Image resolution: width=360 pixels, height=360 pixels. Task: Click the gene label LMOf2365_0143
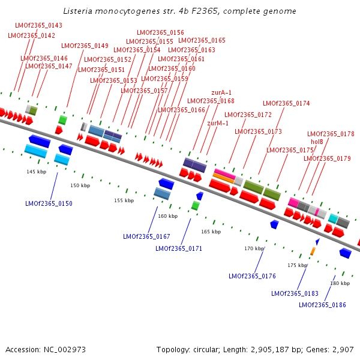pos(38,25)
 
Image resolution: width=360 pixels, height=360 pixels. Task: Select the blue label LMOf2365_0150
pos(49,204)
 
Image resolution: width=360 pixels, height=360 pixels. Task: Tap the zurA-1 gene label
pos(221,92)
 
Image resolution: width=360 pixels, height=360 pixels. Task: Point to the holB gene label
pos(317,142)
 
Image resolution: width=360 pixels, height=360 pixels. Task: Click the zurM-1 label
pos(218,123)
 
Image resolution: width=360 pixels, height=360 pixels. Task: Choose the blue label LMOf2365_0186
pos(322,305)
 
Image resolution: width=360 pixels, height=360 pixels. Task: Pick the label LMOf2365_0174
pos(286,103)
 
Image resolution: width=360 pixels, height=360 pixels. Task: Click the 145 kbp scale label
pos(36,172)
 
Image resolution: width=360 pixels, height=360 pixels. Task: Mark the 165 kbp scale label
pos(211,232)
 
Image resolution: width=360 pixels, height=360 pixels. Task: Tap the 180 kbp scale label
pos(340,283)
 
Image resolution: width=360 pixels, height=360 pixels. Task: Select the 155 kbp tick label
pos(124,200)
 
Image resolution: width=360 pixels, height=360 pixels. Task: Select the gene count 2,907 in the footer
pos(343,349)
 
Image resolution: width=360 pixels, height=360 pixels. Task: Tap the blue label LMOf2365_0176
pos(252,276)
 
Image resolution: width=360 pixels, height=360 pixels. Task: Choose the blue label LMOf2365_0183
pos(295,293)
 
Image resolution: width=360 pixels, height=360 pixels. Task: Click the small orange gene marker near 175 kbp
pos(313,251)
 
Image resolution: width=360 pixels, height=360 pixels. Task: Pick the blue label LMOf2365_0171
pos(179,248)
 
